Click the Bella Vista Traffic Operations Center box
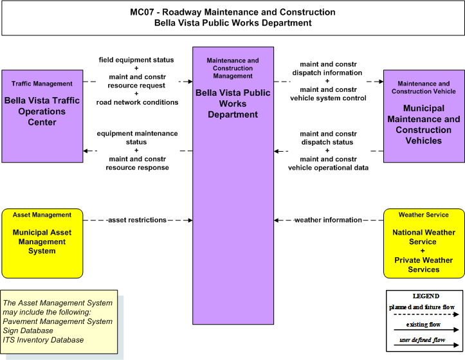tap(42, 116)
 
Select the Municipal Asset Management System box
tap(42, 244)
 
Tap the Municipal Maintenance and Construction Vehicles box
tap(424, 116)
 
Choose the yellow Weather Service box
tap(424, 244)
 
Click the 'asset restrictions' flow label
tap(137, 220)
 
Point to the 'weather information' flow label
tap(328, 220)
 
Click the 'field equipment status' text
tap(136, 60)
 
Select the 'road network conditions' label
tap(137, 102)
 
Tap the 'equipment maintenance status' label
tap(137, 138)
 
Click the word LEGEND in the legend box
tap(426, 296)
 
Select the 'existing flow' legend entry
tap(423, 325)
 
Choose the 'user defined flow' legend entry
tap(423, 340)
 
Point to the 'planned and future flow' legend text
tap(422, 307)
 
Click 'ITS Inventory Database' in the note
tap(43, 340)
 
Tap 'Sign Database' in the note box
tap(28, 330)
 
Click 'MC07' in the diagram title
tap(142, 12)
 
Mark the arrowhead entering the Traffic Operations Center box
tap(86, 151)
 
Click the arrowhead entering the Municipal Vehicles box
tap(381, 82)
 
